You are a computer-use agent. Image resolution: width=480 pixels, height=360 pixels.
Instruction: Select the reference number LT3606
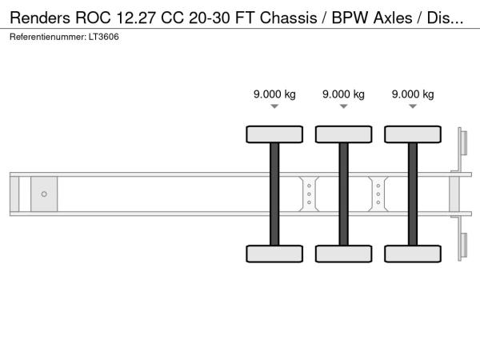(105, 38)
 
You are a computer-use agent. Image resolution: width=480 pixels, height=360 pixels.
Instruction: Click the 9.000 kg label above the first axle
(274, 94)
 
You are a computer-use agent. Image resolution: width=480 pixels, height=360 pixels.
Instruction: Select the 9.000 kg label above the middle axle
(343, 94)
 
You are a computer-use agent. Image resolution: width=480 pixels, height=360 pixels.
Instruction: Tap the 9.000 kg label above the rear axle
(413, 94)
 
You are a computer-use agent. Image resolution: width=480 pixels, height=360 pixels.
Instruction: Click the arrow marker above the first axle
(274, 107)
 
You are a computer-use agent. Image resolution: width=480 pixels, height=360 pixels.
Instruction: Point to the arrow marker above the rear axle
(413, 107)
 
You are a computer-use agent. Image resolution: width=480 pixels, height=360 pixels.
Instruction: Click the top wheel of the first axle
(274, 134)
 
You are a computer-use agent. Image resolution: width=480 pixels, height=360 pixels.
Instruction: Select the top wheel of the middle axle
(343, 134)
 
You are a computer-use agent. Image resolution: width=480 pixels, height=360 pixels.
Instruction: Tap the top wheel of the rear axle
(413, 134)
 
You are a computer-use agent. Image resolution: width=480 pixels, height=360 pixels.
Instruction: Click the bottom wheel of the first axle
(274, 254)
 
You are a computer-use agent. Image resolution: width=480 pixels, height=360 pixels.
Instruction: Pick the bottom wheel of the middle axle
(343, 254)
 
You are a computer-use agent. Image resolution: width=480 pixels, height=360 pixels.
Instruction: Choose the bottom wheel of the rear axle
(413, 254)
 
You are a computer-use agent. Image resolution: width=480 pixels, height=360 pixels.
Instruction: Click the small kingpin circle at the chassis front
(44, 194)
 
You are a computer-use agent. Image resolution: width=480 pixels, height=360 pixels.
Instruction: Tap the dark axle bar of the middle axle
(343, 194)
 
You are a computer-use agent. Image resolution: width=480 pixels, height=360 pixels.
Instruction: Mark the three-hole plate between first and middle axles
(309, 194)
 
